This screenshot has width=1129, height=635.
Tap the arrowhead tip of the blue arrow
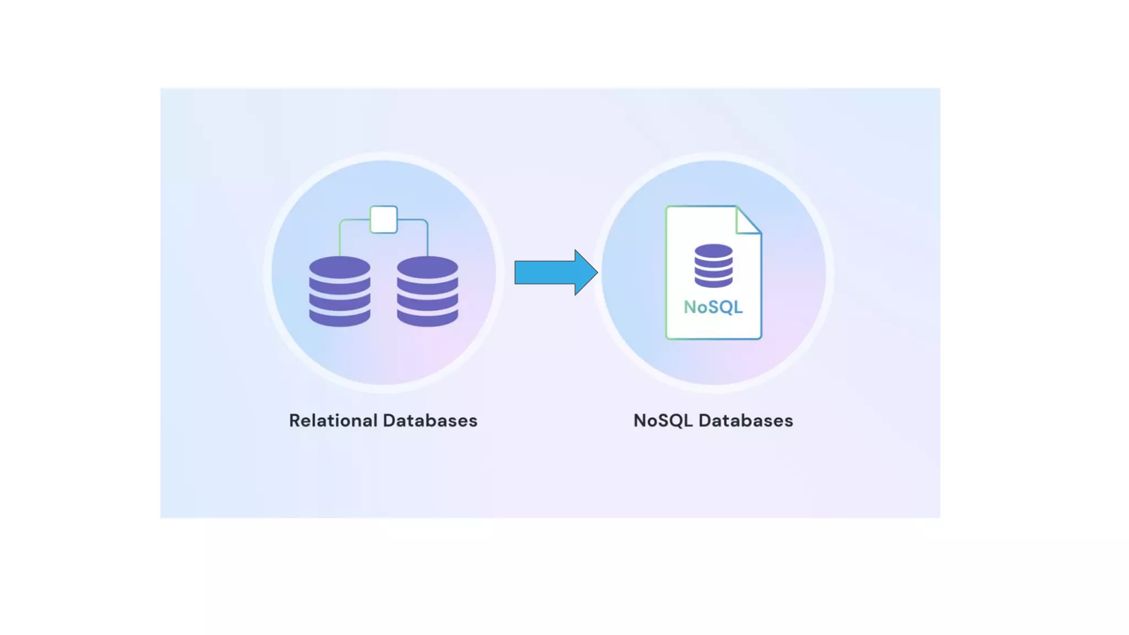click(x=596, y=272)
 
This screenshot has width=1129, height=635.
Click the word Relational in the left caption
click(x=334, y=421)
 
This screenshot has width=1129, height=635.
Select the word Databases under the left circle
click(x=430, y=421)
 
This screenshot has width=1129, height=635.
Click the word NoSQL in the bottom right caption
click(x=663, y=421)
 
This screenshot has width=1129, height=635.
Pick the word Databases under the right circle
click(x=745, y=421)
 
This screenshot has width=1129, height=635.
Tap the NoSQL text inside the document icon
click(x=713, y=307)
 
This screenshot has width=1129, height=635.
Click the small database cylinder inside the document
click(x=713, y=266)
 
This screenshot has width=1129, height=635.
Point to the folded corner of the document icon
click(x=748, y=220)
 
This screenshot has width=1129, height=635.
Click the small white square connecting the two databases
click(x=384, y=219)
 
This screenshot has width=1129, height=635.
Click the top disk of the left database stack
click(x=340, y=267)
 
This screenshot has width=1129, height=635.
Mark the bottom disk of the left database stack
click(x=340, y=319)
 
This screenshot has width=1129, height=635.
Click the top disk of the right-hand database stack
click(x=427, y=267)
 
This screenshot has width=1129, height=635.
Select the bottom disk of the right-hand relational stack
click(x=427, y=319)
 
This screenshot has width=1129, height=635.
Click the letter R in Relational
click(x=295, y=421)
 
